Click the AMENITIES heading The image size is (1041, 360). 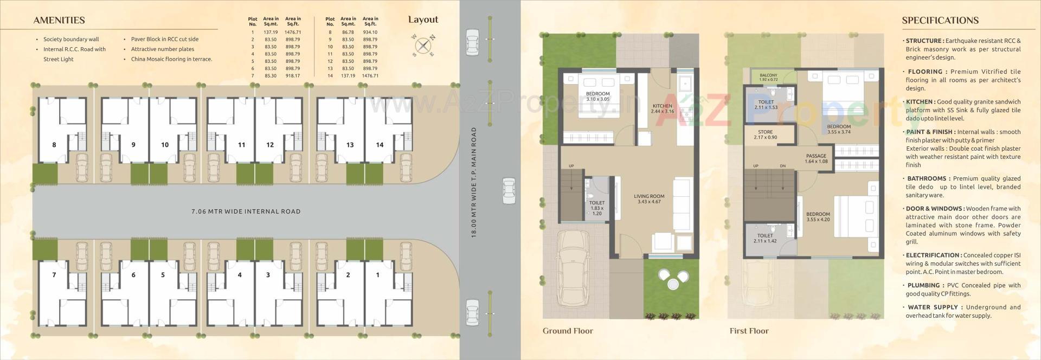(x=59, y=21)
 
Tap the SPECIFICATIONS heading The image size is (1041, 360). (x=940, y=21)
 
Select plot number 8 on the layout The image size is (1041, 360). (x=54, y=145)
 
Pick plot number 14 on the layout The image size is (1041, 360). (x=380, y=145)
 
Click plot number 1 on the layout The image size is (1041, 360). (x=378, y=275)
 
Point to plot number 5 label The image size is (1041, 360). (x=163, y=275)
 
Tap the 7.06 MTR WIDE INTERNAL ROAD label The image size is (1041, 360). (x=246, y=211)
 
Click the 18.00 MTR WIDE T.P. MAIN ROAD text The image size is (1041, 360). (x=474, y=182)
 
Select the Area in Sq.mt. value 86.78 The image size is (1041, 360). (x=348, y=33)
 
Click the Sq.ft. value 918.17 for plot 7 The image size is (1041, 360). (x=293, y=76)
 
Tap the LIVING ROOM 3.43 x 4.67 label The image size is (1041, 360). (x=649, y=199)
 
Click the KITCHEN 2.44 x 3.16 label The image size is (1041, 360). (x=662, y=108)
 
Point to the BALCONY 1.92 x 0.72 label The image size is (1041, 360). (x=768, y=78)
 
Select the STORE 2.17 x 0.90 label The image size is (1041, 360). (x=765, y=134)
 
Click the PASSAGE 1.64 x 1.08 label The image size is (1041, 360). (x=816, y=158)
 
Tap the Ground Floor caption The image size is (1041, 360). (x=568, y=331)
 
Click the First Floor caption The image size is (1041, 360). (x=749, y=331)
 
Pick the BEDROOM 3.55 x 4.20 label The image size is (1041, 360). (x=818, y=217)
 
